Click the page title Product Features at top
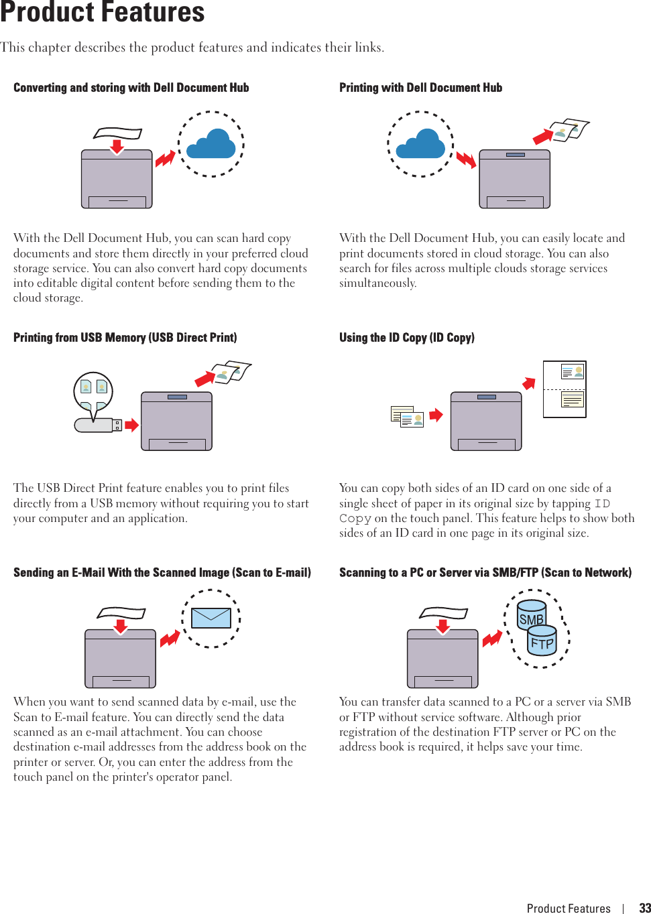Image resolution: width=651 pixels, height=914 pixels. click(x=102, y=12)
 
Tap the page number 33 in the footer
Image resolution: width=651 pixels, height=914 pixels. click(x=644, y=908)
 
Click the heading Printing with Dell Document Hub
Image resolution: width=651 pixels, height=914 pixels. click(x=420, y=88)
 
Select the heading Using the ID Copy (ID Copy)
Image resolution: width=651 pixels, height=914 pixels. click(x=406, y=338)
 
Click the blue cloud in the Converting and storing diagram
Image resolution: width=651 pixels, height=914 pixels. click(x=211, y=144)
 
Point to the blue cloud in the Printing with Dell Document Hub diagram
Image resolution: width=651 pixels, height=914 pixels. click(x=420, y=144)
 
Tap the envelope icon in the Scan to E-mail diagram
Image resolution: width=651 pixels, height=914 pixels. click(x=211, y=618)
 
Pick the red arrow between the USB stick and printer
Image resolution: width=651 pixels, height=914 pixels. click(x=131, y=424)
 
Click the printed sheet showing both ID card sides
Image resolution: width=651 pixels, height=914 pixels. click(x=565, y=389)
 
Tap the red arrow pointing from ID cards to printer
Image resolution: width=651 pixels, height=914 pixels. click(x=436, y=415)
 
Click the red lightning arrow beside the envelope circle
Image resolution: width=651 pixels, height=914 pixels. click(x=170, y=639)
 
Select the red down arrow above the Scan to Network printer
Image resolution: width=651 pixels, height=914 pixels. click(x=442, y=627)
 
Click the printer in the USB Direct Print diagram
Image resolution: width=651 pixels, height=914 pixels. click(x=176, y=421)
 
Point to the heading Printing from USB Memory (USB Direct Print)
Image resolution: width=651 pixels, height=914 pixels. click(x=125, y=338)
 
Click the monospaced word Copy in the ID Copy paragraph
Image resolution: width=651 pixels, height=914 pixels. click(x=355, y=519)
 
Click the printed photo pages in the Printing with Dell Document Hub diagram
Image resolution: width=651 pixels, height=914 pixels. click(x=569, y=130)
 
